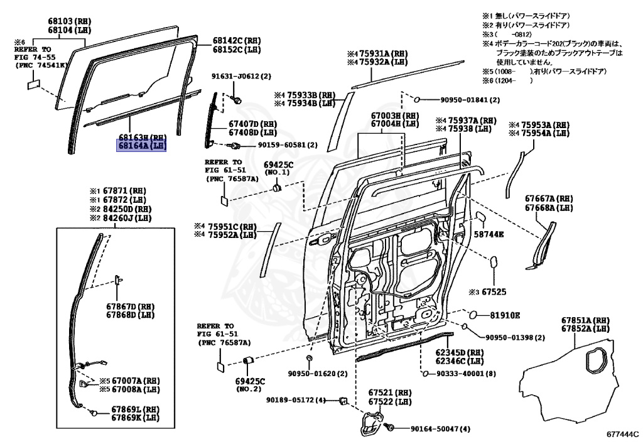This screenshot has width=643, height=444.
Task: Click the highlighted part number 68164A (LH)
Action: click(141, 146)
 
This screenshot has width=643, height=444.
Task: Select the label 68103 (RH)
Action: click(68, 21)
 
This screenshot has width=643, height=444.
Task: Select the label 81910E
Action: click(505, 315)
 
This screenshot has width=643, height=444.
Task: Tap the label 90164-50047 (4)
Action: click(440, 429)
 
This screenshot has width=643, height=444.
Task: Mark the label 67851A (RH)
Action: click(585, 320)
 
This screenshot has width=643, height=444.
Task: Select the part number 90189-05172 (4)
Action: click(296, 400)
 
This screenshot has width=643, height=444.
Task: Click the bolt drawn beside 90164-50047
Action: click(389, 428)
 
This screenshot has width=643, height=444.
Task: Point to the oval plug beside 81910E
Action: click(476, 315)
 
